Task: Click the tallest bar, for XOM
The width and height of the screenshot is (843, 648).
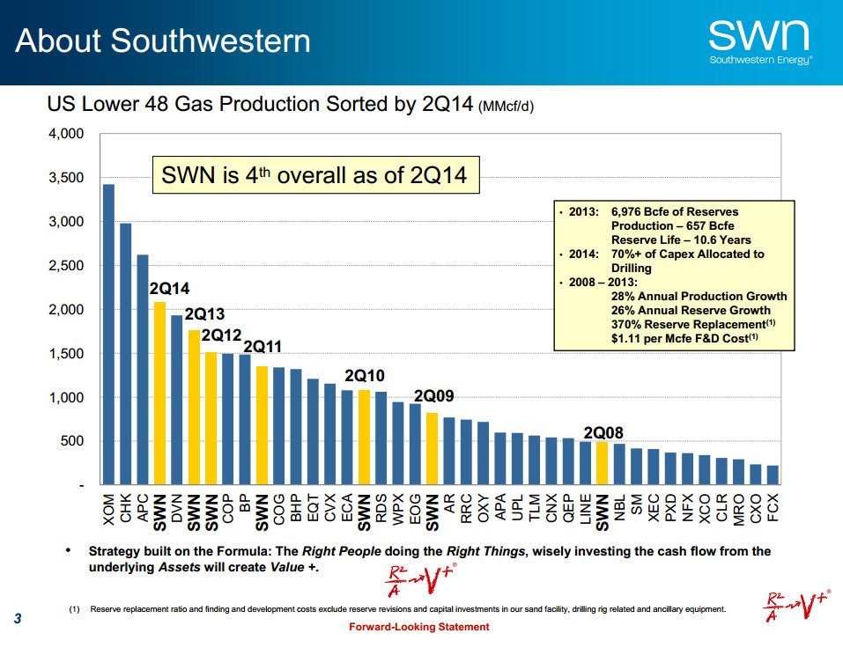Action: click(x=108, y=335)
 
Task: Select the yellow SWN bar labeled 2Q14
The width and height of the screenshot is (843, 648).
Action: click(x=159, y=393)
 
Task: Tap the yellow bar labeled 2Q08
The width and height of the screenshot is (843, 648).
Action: click(x=603, y=463)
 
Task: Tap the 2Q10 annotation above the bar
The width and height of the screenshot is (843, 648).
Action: click(x=364, y=375)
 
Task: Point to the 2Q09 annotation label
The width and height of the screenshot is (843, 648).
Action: click(x=433, y=396)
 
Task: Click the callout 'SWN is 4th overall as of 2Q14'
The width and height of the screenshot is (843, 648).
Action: click(x=314, y=176)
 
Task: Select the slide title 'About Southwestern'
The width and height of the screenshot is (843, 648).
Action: click(x=163, y=41)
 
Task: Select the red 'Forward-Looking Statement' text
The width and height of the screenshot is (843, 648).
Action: click(x=419, y=627)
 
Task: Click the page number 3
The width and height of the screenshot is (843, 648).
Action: click(x=18, y=619)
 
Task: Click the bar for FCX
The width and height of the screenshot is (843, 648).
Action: click(x=773, y=475)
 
